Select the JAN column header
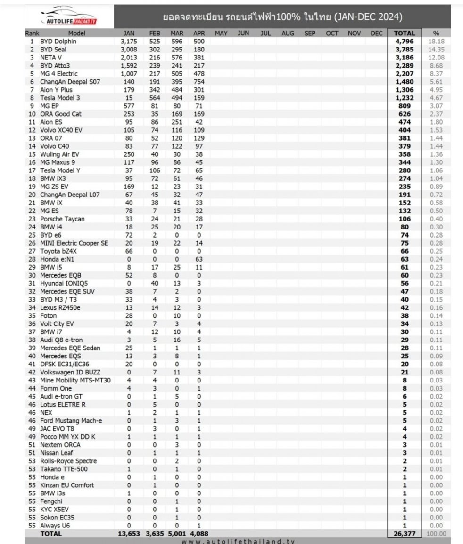(x=129, y=34)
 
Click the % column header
(x=437, y=34)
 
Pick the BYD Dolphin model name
(x=58, y=42)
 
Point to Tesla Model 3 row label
(x=60, y=98)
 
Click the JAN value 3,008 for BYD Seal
(x=129, y=50)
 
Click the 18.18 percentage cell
(x=438, y=42)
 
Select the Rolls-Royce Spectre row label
(x=68, y=461)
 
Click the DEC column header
(x=377, y=34)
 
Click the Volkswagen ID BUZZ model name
(x=70, y=372)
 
